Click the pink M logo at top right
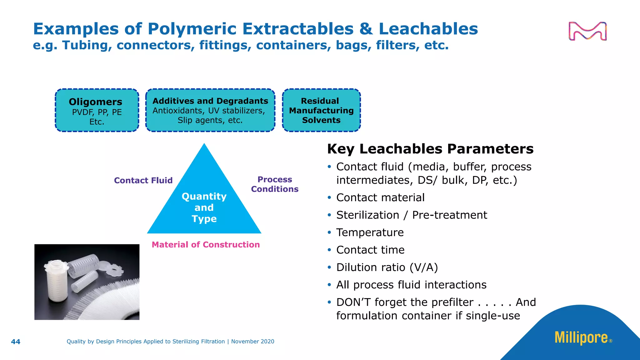click(x=587, y=31)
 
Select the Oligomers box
click(x=97, y=110)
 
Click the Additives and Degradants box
click(x=210, y=110)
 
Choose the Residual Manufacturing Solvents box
click(x=321, y=110)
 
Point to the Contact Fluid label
click(x=143, y=180)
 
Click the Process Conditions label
click(x=275, y=184)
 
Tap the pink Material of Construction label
click(x=206, y=245)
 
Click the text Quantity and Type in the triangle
click(x=204, y=207)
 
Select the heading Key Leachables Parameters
click(x=430, y=149)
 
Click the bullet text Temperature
click(x=370, y=232)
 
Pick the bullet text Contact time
click(x=370, y=250)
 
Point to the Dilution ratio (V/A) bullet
click(x=387, y=267)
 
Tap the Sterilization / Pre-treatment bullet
click(x=412, y=215)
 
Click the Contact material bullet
click(x=380, y=197)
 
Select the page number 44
click(x=16, y=342)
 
